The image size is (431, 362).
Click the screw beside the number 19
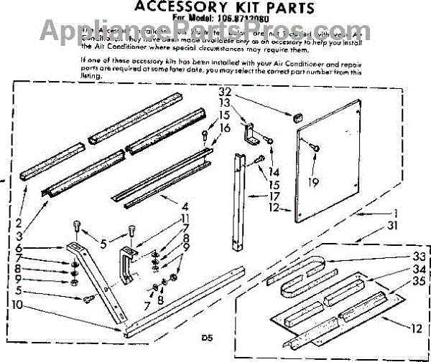[x=314, y=147]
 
